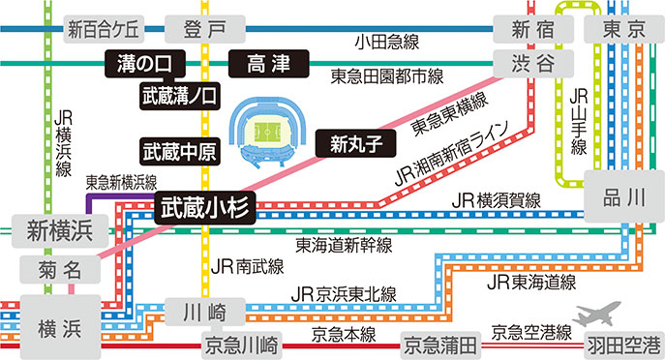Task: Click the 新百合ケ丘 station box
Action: (x=104, y=28)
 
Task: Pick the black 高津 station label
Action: (x=268, y=64)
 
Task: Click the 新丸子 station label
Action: (x=356, y=144)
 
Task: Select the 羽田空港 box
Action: (x=621, y=344)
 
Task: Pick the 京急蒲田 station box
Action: (x=440, y=344)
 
